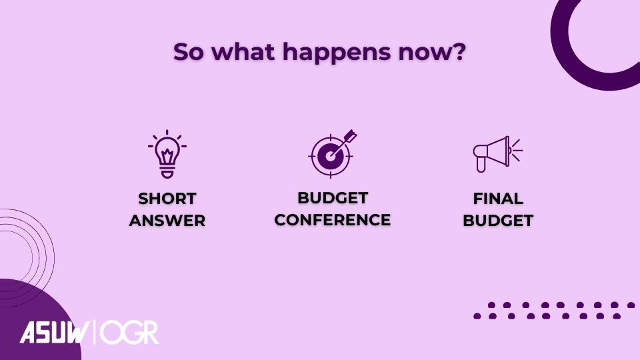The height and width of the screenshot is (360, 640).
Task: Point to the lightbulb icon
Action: [x=167, y=154]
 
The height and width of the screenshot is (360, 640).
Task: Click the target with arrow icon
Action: [x=333, y=153]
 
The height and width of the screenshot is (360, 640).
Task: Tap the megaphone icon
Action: [x=497, y=154]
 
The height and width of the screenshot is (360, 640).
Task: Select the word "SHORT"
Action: [x=167, y=199]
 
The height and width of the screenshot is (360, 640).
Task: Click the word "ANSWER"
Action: [x=167, y=221]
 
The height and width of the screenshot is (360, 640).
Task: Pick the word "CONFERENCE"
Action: [x=333, y=220]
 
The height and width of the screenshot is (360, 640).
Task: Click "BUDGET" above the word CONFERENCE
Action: [x=333, y=198]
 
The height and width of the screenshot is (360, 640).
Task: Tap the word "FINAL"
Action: [x=498, y=199]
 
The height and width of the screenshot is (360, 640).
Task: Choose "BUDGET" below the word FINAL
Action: [x=498, y=221]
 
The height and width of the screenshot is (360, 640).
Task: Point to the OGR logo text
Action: [x=129, y=333]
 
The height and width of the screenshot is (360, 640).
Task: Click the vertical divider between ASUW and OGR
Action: [x=95, y=332]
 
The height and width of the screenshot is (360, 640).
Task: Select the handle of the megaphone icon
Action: [x=481, y=165]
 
